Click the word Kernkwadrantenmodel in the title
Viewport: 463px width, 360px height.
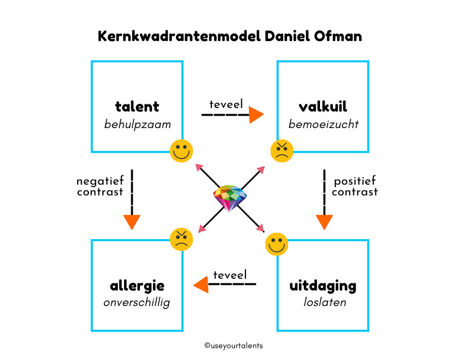[x=179, y=37]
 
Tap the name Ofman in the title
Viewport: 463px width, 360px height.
[x=338, y=37]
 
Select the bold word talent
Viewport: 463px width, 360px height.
[x=137, y=106]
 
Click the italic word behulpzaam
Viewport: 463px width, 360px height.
[x=137, y=124]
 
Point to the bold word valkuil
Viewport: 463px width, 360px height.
[x=323, y=106]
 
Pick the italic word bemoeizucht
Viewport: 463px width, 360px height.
[x=324, y=124]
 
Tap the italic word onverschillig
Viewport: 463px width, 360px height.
[x=137, y=302]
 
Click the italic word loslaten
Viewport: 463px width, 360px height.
[x=325, y=302]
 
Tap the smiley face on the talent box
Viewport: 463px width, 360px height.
[x=181, y=151]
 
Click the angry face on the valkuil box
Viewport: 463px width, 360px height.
[x=282, y=151]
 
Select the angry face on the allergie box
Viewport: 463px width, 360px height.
[x=181, y=239]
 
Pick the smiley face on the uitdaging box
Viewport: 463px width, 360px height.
[x=277, y=244]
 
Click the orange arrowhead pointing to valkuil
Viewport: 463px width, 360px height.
[x=256, y=115]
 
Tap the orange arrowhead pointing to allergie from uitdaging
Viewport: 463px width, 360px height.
[x=201, y=284]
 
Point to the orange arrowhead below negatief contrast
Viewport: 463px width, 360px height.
[x=132, y=222]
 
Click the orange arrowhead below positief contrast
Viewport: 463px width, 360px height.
[x=324, y=222]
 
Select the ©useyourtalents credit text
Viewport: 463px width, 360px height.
[x=234, y=346]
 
